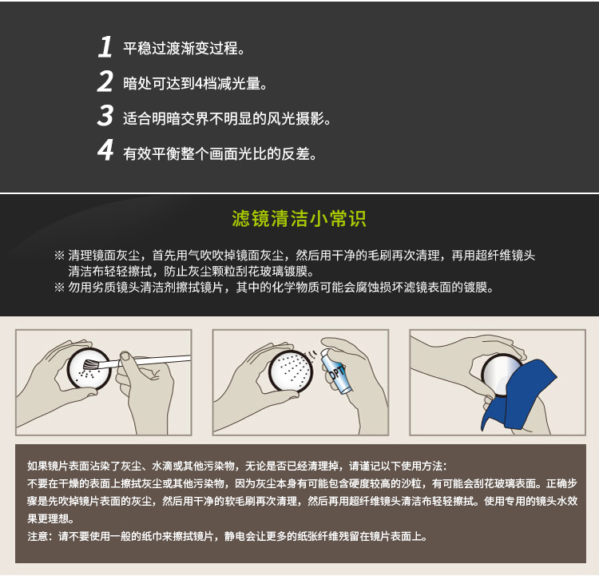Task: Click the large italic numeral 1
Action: click(105, 47)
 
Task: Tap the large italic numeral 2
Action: click(105, 81)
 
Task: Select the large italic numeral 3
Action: click(105, 115)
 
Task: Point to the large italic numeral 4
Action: click(105, 150)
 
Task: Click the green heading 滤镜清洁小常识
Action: click(299, 219)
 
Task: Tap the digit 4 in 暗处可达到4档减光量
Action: click(199, 83)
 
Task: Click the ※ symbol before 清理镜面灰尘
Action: click(59, 255)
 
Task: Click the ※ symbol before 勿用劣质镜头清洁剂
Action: click(59, 287)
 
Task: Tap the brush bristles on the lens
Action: click(90, 364)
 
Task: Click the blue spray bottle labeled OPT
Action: click(335, 371)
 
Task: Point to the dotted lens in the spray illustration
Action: click(291, 371)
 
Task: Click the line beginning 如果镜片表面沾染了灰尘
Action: click(237, 466)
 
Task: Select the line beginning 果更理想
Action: click(50, 518)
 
